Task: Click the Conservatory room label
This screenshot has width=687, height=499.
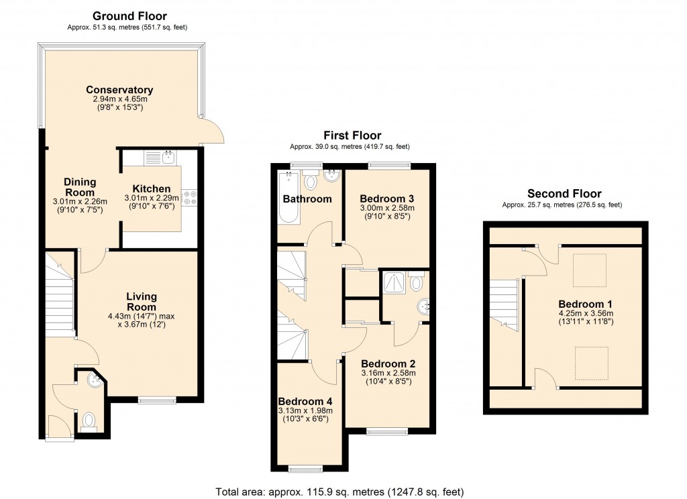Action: pyautogui.click(x=119, y=90)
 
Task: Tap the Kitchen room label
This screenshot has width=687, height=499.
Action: pyautogui.click(x=151, y=188)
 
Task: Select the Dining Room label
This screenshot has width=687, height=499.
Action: pyautogui.click(x=80, y=187)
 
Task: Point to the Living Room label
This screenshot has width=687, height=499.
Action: pyautogui.click(x=142, y=302)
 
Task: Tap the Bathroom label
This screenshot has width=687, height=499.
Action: pyautogui.click(x=307, y=199)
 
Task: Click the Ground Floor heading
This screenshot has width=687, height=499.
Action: pyautogui.click(x=129, y=15)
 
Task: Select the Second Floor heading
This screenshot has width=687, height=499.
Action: pyautogui.click(x=564, y=194)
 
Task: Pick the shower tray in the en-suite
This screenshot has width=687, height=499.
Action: pyautogui.click(x=391, y=285)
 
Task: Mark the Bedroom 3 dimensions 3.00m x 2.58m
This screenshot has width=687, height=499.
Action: pyautogui.click(x=386, y=208)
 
